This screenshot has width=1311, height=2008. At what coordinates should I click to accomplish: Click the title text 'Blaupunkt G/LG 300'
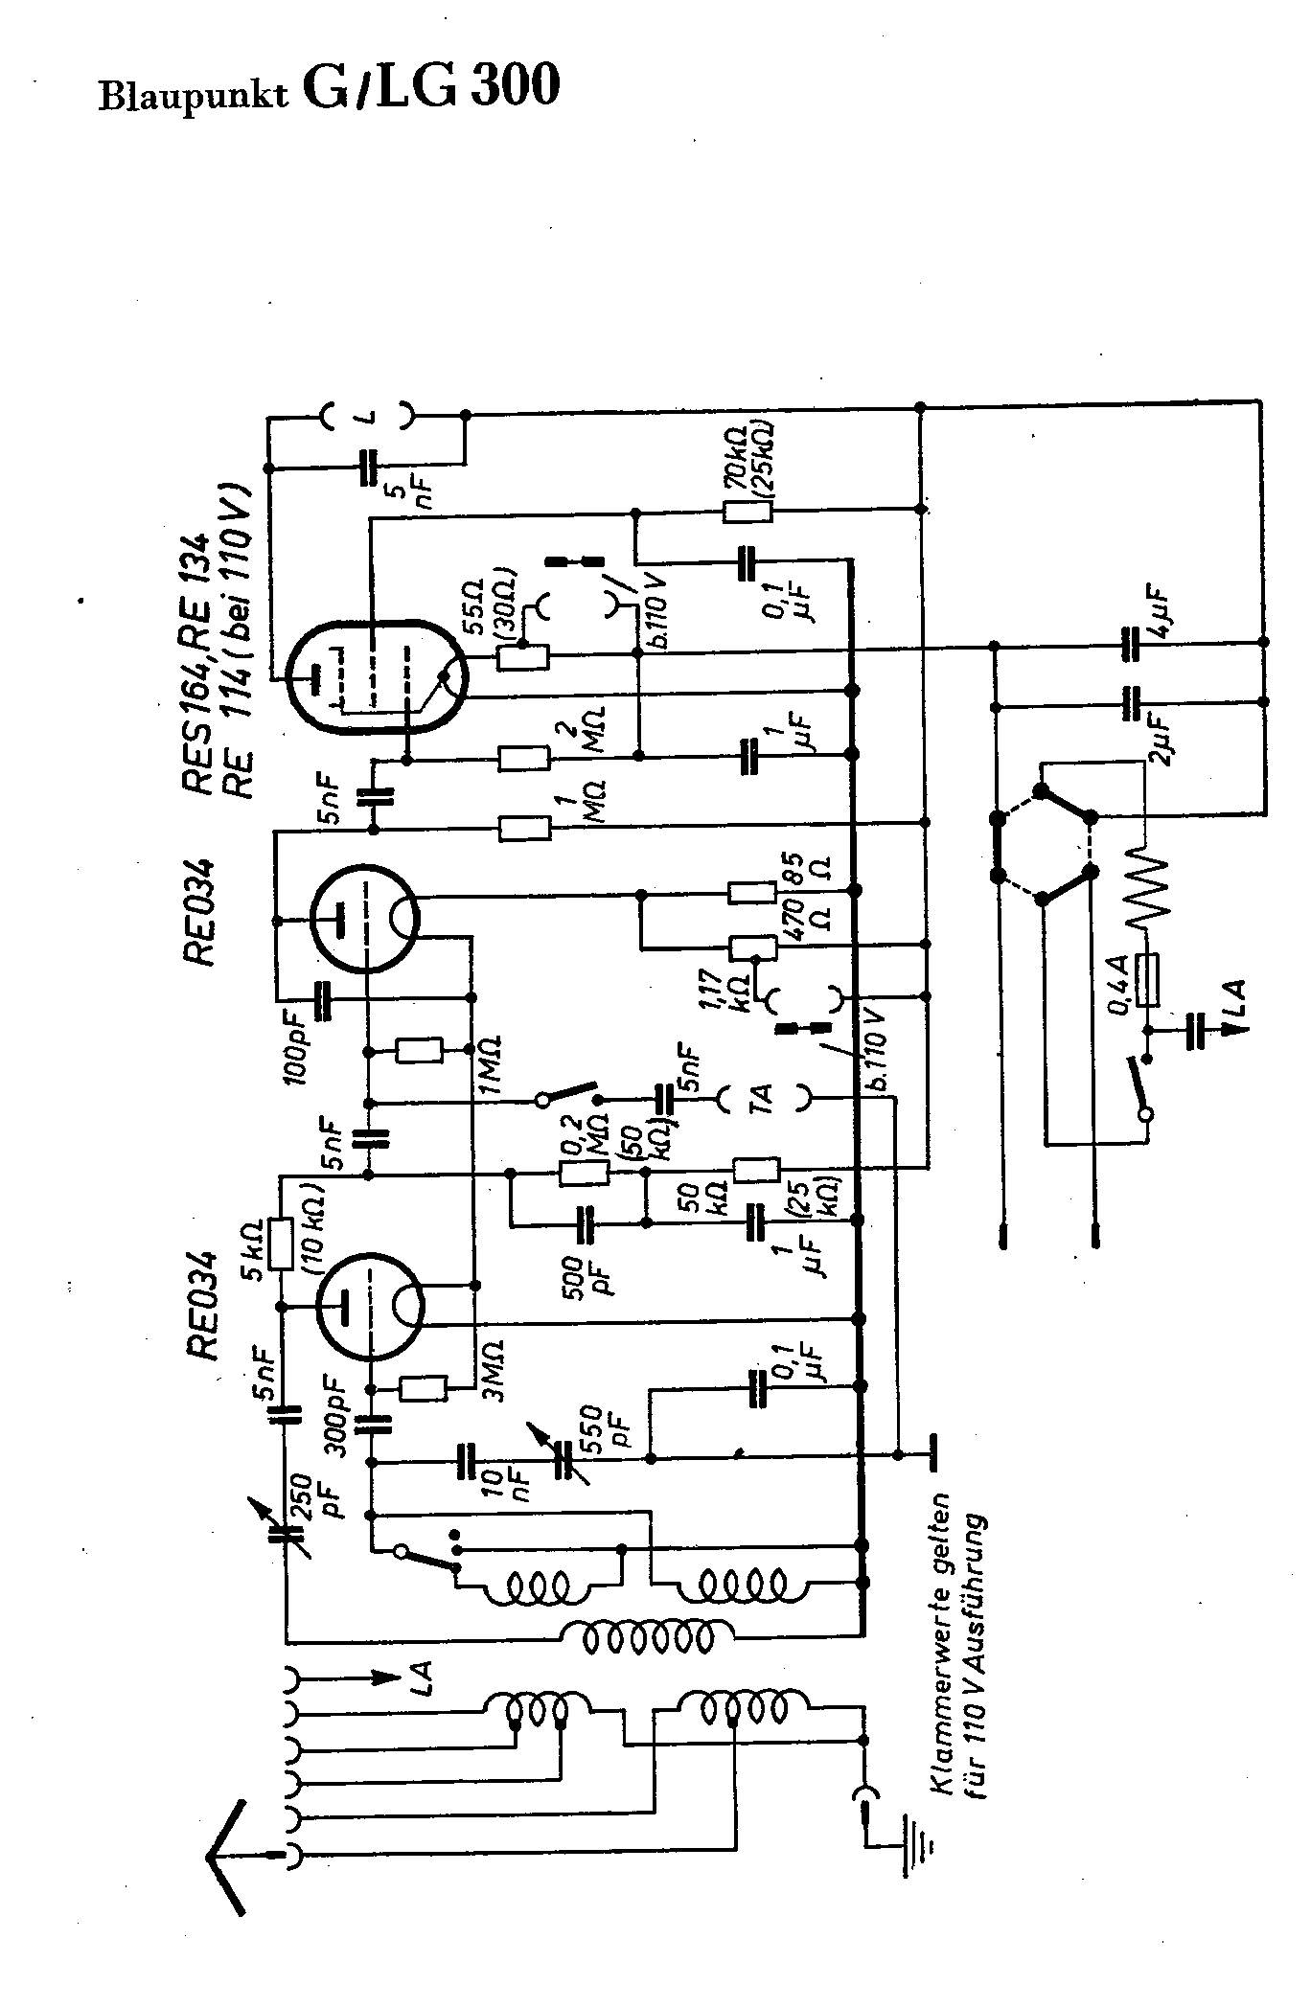(329, 89)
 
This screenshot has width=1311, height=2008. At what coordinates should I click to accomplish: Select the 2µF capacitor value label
(1161, 737)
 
